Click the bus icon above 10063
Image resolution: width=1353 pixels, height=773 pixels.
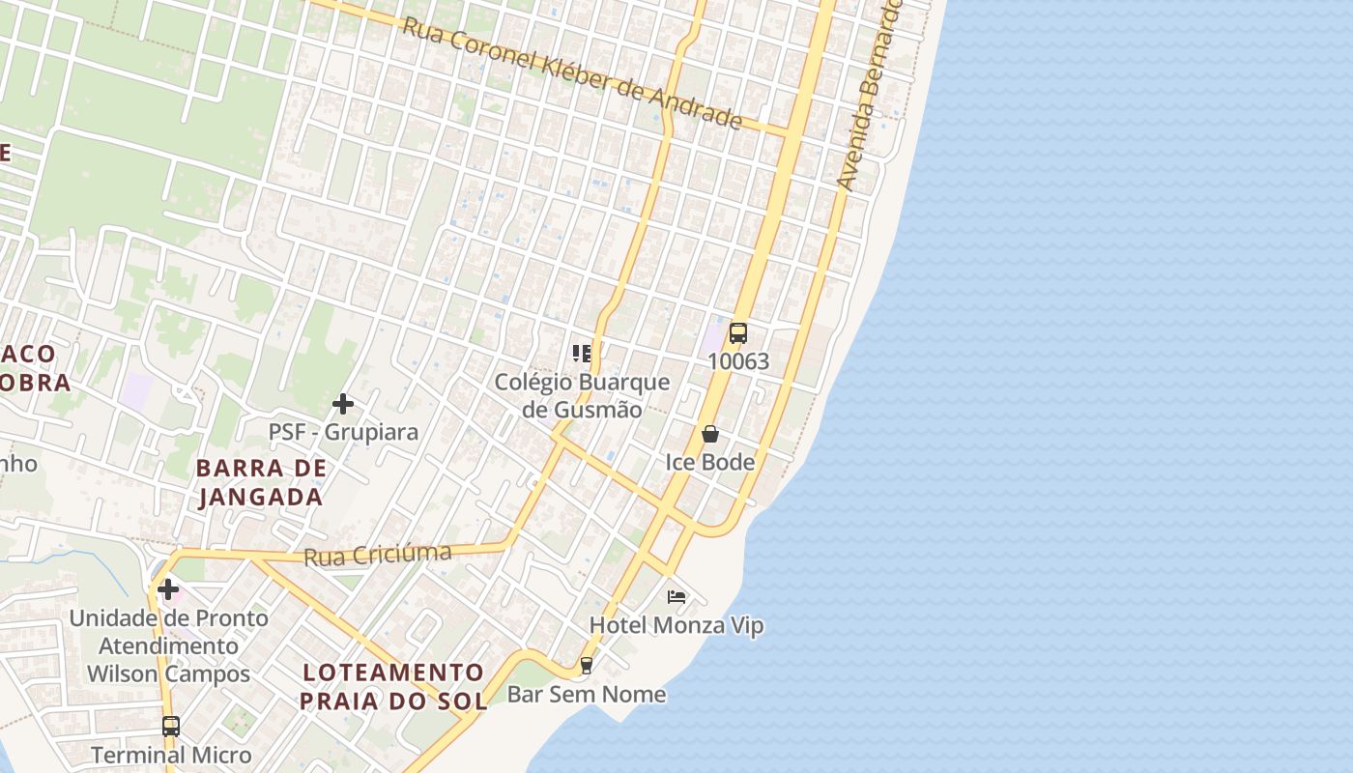point(738,333)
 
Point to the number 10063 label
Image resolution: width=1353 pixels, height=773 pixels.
point(738,361)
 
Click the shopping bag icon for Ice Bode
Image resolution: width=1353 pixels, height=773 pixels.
point(710,434)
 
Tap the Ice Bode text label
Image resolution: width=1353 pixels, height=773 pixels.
point(710,463)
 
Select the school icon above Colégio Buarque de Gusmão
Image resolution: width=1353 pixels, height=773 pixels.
point(582,353)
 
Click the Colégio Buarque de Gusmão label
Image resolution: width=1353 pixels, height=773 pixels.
point(582,395)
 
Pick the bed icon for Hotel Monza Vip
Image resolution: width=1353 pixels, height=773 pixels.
point(676,597)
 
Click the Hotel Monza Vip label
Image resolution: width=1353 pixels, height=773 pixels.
point(676,625)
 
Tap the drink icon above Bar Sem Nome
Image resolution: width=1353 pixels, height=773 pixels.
point(586,666)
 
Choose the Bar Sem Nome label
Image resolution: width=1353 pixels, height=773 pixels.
point(587,694)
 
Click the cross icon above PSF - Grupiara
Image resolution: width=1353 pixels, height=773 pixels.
point(343,403)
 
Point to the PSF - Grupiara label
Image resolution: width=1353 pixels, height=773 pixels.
point(343,431)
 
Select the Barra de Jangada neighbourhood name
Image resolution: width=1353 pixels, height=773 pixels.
point(261,482)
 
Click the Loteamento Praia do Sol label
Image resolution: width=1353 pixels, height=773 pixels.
point(392,686)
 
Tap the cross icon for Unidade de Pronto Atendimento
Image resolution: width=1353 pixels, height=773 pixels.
point(168,588)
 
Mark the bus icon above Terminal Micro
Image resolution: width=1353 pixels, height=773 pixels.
point(171,727)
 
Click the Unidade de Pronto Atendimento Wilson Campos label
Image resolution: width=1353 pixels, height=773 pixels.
point(169,645)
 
